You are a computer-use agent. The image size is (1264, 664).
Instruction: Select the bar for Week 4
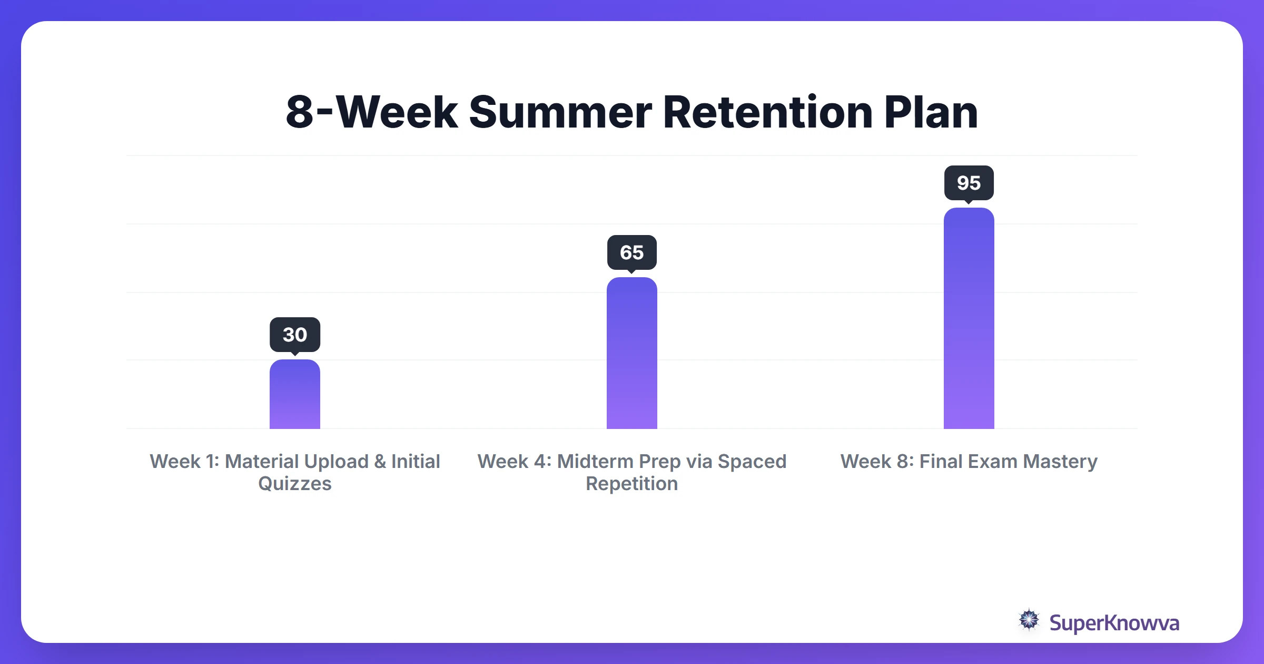click(631, 353)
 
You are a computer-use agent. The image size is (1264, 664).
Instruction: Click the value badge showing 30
click(294, 335)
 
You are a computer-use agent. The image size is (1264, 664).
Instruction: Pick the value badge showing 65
click(631, 252)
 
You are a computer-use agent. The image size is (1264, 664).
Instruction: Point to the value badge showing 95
click(969, 183)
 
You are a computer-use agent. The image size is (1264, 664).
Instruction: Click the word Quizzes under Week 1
click(294, 484)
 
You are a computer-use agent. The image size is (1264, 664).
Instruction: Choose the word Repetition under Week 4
click(631, 484)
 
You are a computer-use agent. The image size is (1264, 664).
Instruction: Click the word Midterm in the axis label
click(595, 462)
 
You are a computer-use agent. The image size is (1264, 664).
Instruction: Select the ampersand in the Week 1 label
click(380, 462)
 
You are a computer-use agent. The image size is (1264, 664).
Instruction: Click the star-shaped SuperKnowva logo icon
click(1029, 620)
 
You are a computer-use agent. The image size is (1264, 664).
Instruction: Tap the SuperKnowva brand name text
click(1114, 623)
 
